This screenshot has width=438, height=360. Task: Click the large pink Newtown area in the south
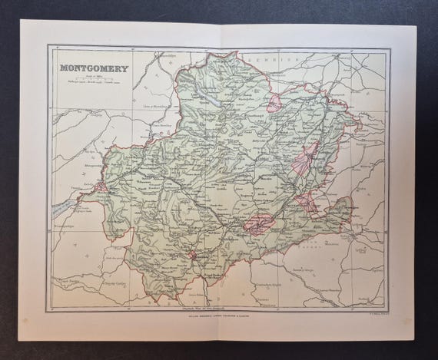pyautogui.click(x=258, y=223)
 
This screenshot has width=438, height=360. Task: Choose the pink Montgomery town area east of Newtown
pyautogui.click(x=307, y=204)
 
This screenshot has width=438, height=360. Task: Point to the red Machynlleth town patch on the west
pyautogui.click(x=100, y=185)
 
